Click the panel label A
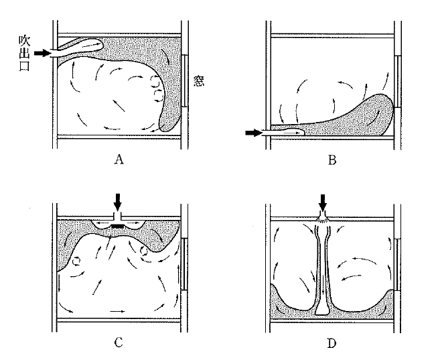[x=119, y=160]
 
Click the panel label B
[x=332, y=160]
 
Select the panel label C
[x=119, y=343]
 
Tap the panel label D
[x=332, y=343]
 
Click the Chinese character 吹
[x=25, y=41]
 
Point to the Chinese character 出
[x=25, y=53]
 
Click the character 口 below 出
[x=25, y=66]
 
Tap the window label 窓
[x=198, y=81]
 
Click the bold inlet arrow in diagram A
[x=42, y=53]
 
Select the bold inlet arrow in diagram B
[x=253, y=133]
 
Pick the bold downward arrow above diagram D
[x=323, y=202]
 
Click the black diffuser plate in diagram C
[x=118, y=226]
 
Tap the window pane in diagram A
[x=184, y=80]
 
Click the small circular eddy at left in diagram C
[x=76, y=261]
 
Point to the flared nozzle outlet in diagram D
[x=323, y=218]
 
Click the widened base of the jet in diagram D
[x=322, y=310]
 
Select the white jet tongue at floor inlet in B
[x=283, y=132]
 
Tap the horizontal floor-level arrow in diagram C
[x=118, y=311]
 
